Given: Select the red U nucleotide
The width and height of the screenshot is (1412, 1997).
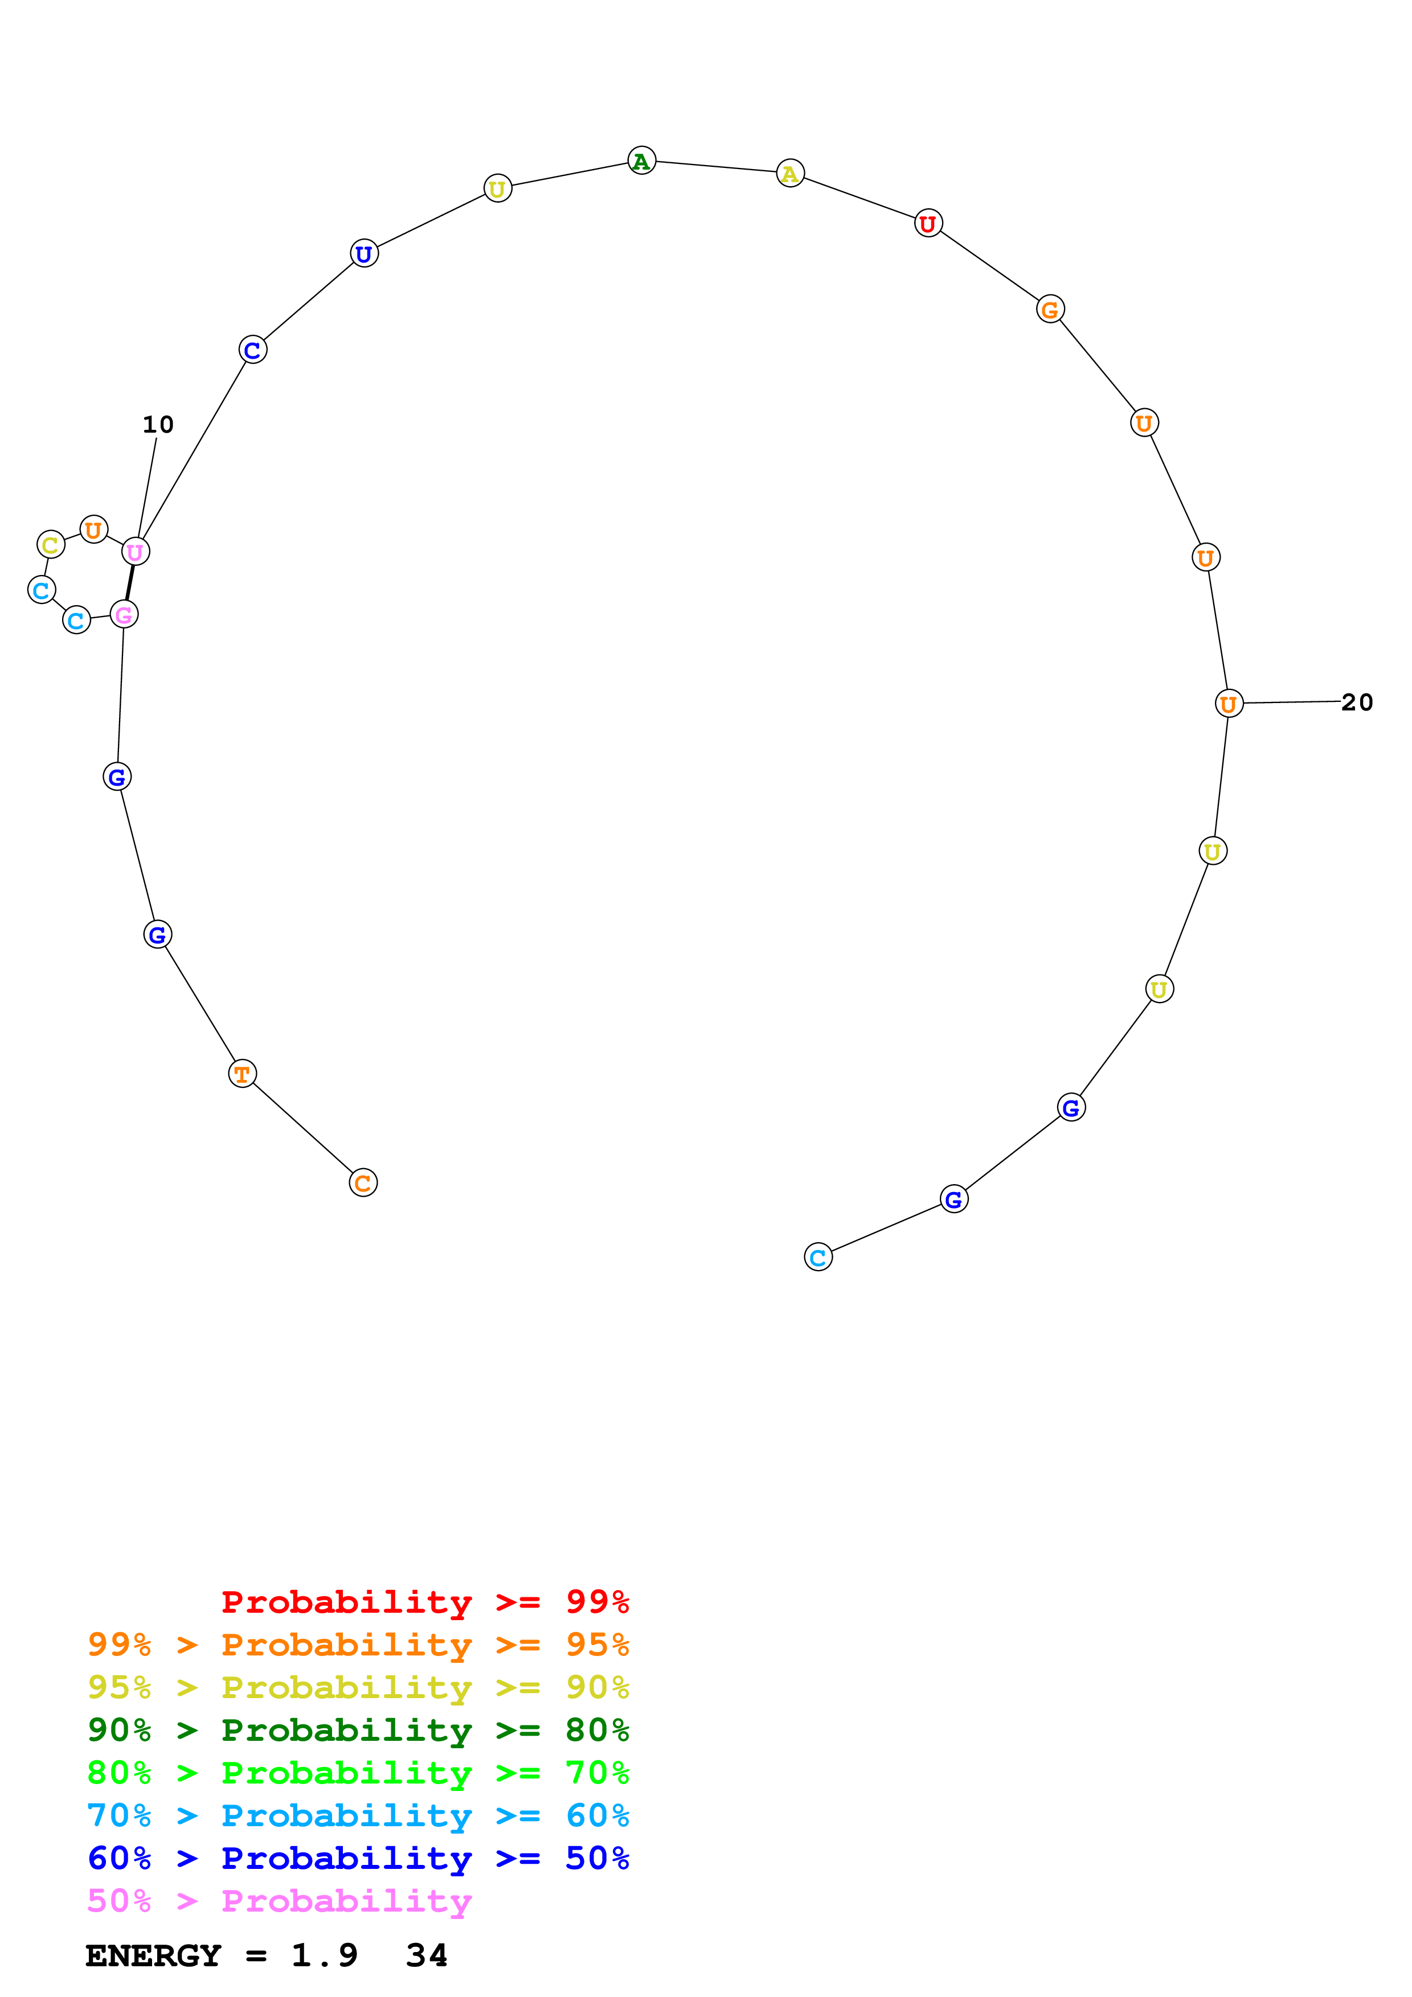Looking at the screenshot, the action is click(x=928, y=224).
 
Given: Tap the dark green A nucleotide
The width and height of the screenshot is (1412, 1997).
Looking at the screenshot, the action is click(x=641, y=161).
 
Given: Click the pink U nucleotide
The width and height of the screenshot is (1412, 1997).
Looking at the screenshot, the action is click(x=135, y=552).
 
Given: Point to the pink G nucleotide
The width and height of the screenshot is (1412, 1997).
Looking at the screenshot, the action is click(x=124, y=615).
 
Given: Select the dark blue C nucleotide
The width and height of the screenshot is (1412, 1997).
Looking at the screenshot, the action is click(x=252, y=350).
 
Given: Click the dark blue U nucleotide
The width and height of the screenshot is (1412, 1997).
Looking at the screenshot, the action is click(x=363, y=253).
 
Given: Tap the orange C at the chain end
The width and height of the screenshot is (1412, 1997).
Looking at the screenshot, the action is click(x=363, y=1183).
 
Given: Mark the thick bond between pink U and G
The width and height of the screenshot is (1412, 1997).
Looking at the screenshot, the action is click(x=130, y=583).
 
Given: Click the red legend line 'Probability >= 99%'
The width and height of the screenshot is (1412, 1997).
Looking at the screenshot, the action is click(x=424, y=1601).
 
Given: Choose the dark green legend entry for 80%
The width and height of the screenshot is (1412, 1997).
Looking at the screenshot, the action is click(x=358, y=1730).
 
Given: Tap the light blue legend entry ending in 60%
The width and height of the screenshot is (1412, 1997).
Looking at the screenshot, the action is click(x=358, y=1815).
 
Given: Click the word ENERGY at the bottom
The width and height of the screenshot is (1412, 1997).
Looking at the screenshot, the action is click(x=153, y=1955).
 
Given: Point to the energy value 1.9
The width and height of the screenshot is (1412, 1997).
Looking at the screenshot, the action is click(x=324, y=1955).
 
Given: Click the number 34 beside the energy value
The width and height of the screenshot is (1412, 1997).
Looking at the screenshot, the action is click(x=426, y=1955).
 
